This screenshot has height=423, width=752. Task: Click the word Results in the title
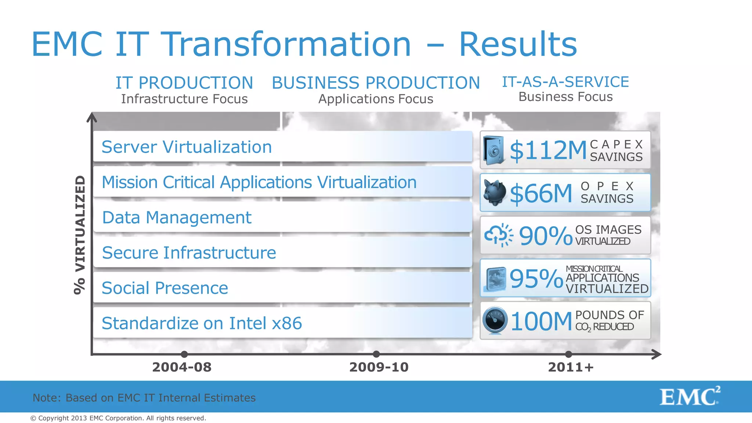(x=518, y=44)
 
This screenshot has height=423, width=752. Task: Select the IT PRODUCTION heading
(x=184, y=83)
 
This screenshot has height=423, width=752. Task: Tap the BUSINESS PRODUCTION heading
(x=376, y=83)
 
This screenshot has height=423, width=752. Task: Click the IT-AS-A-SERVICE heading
(x=565, y=82)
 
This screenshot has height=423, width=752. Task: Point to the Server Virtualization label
(x=187, y=147)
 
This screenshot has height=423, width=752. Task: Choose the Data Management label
(x=177, y=217)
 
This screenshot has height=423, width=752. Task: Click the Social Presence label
(x=164, y=288)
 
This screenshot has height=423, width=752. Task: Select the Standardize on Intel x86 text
(x=202, y=323)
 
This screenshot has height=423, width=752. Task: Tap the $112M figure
(x=548, y=151)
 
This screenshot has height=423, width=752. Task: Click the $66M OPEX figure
(x=541, y=194)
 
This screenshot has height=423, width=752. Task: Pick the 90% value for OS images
(x=545, y=236)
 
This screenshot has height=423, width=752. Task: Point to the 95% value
(x=536, y=279)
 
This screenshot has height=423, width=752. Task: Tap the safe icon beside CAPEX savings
(x=493, y=150)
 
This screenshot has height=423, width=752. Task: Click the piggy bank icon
(x=494, y=192)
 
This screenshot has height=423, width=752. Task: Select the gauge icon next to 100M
(x=495, y=321)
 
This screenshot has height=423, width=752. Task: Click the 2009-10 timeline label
(x=379, y=367)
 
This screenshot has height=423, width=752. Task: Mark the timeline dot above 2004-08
(x=184, y=354)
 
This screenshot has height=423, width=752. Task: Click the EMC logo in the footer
(x=690, y=397)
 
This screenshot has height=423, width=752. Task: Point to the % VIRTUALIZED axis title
(x=80, y=235)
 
